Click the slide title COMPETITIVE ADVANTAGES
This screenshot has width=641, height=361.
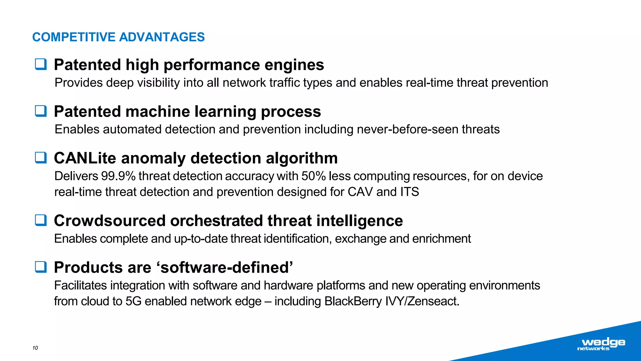coord(118,37)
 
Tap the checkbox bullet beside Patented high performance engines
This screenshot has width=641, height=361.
coord(41,64)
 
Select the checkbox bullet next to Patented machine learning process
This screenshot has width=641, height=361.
coord(41,111)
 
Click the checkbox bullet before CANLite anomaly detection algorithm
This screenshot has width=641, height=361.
coord(41,158)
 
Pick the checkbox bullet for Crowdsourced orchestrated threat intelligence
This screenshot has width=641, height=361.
coord(41,220)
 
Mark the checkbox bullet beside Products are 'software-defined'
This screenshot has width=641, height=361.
coord(41,267)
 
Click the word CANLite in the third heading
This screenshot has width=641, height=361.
coord(85,158)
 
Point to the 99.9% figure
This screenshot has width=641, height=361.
coord(118,176)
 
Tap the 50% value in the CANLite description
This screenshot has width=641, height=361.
coord(313,176)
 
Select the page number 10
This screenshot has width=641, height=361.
coord(35,348)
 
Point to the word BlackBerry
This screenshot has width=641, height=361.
coord(353,301)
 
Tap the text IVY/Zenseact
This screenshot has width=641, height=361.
coord(422,301)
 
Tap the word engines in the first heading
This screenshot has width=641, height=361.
coord(294,65)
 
